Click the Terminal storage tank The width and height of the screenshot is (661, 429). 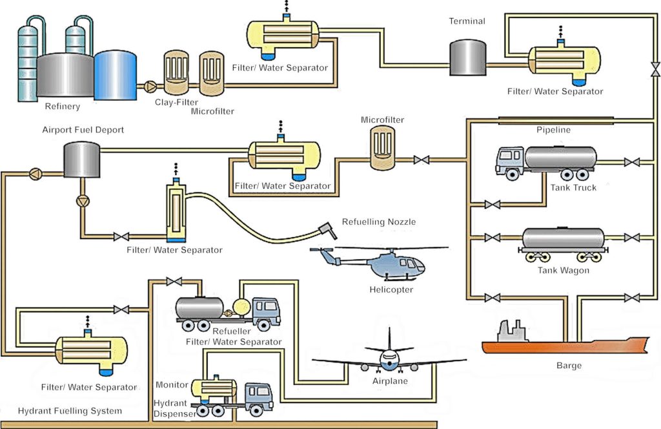tap(467, 58)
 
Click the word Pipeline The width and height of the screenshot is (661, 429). tap(554, 130)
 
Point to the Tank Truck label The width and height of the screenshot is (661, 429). tap(574, 187)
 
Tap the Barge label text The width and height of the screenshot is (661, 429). tap(569, 366)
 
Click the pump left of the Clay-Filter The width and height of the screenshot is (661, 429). tap(150, 85)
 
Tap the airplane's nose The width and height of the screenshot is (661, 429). tap(389, 361)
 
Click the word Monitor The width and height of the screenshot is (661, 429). tap(172, 385)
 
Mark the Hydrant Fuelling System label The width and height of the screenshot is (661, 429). tap(70, 411)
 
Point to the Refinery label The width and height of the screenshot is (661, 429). tap(63, 107)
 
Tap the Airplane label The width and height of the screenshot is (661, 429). tap(390, 381)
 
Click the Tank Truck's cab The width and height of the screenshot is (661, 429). tap(510, 161)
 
